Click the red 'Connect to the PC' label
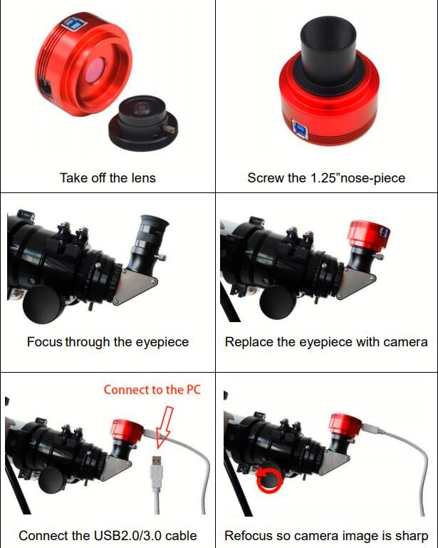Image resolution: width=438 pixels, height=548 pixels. coord(152,390)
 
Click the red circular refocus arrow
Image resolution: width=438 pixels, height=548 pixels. coord(269,480)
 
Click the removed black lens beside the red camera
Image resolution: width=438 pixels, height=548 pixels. coord(143,123)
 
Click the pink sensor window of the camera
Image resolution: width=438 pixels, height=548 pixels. coord(94,69)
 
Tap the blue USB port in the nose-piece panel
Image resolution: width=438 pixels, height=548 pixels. coord(301,130)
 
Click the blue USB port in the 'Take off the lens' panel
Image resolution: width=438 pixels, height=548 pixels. coord(73,24)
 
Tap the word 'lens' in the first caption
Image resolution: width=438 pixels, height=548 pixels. coord(144,178)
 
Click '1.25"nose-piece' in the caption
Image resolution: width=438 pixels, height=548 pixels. coord(358,178)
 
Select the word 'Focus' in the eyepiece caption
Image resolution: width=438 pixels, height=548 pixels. coord(45,341)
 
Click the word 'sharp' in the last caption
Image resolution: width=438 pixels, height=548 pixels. coord(412,536)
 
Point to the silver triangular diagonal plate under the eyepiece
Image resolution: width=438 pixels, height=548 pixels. coord(135,285)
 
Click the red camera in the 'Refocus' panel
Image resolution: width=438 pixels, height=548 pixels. coord(345,425)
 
